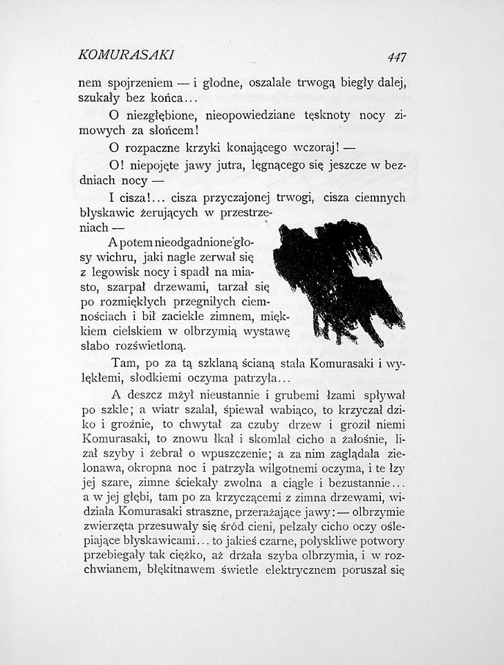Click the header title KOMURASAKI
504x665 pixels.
tap(126, 54)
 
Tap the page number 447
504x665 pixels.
tap(397, 58)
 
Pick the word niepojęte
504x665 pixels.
tap(159, 166)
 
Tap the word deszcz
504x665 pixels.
tap(151, 395)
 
